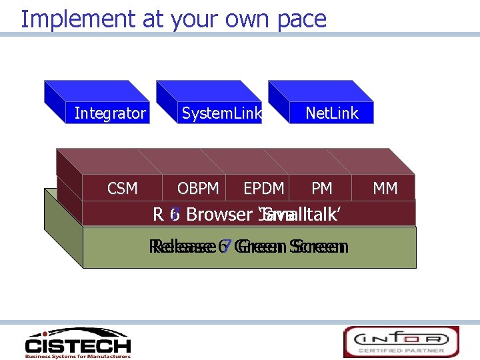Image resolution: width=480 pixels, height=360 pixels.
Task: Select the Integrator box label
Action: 110,113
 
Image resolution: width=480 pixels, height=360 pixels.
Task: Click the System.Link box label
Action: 222,113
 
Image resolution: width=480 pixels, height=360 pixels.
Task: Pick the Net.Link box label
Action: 331,113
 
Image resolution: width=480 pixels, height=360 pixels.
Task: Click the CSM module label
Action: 123,189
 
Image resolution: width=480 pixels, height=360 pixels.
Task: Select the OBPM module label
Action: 198,189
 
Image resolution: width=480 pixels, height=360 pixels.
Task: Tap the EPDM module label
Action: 264,189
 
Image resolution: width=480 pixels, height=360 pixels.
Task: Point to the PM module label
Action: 322,189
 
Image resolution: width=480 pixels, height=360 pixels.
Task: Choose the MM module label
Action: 385,189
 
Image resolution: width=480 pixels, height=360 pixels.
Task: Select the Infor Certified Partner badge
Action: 401,341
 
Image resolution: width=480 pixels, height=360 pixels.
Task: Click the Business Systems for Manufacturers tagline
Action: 77,355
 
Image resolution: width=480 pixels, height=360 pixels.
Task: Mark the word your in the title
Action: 189,20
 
